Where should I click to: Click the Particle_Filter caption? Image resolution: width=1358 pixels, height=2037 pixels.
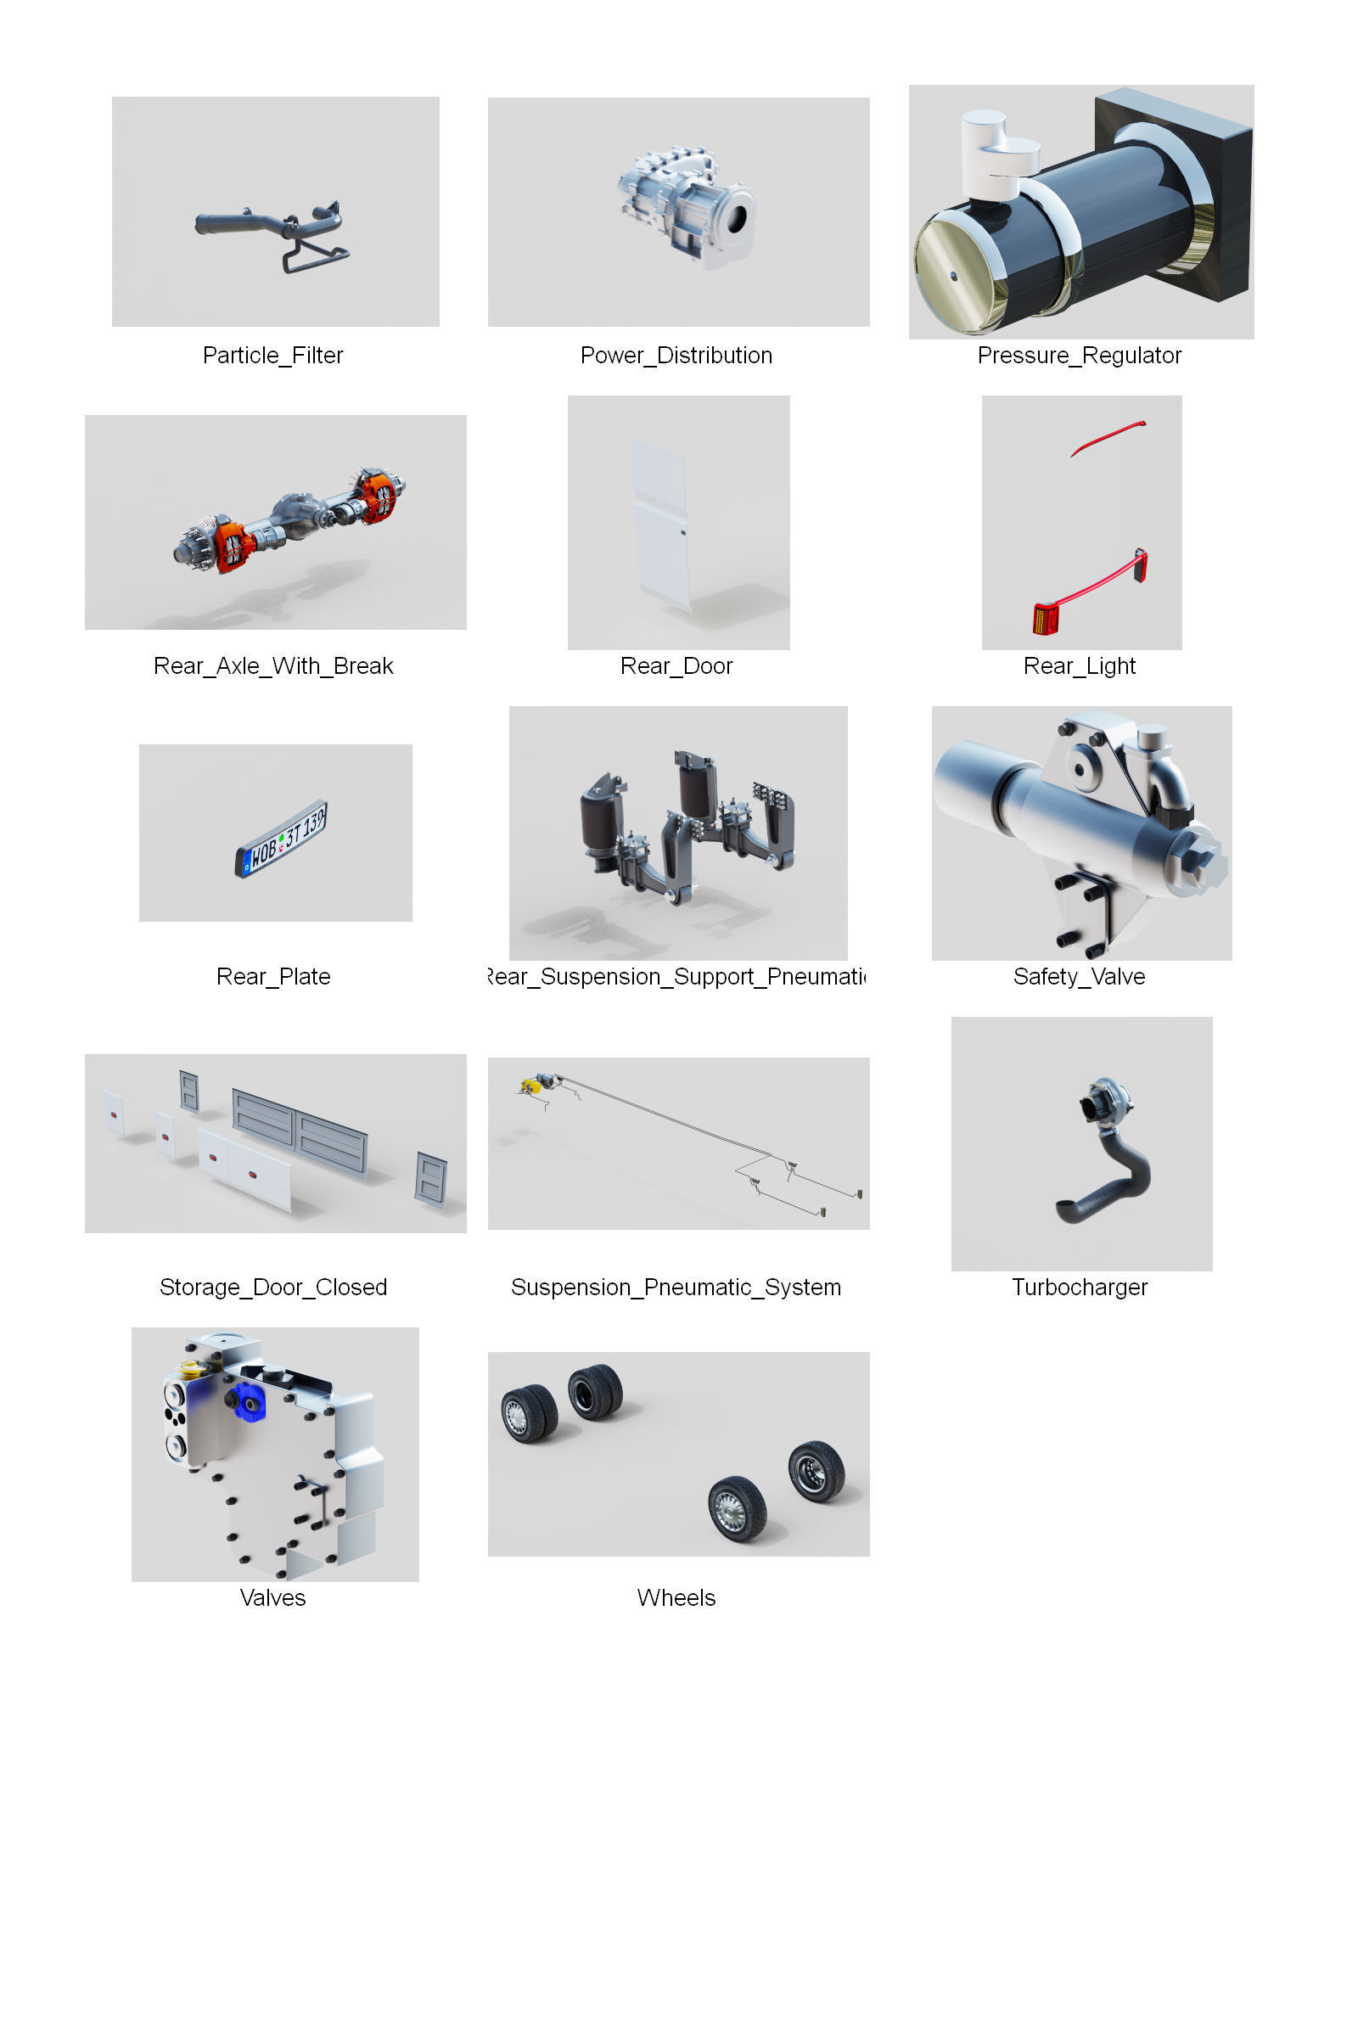272,355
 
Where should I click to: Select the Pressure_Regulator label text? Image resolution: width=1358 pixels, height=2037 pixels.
1079,355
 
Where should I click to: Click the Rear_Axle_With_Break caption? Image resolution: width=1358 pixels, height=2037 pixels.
272,666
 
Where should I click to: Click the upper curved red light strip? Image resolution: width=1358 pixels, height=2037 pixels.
1108,436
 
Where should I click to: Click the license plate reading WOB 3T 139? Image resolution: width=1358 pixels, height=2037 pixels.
282,838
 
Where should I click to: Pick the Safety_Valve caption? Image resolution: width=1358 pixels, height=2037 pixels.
1079,977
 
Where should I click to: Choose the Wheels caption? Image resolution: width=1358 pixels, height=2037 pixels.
676,1598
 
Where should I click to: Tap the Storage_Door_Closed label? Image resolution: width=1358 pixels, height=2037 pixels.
272,1287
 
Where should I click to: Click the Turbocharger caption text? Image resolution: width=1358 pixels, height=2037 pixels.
1079,1287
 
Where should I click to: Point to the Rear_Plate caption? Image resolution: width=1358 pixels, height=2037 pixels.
272,977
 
